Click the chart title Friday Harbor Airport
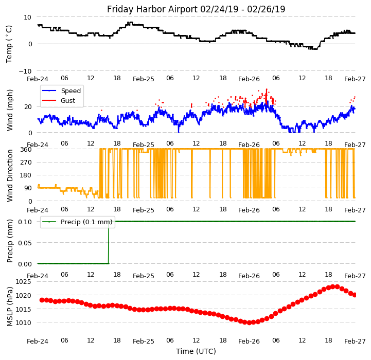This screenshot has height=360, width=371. tap(196, 9)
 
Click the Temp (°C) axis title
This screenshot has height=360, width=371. tap(9, 44)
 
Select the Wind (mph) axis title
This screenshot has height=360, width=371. tap(10, 110)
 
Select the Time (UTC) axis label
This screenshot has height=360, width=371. tap(196, 351)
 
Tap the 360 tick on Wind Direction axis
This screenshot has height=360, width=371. tap(26, 149)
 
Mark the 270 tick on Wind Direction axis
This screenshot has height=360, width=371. tap(26, 162)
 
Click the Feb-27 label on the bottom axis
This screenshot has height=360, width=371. tap(355, 341)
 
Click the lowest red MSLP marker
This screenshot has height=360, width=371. tap(249, 322)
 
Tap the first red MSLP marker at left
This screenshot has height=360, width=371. tap(42, 300)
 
